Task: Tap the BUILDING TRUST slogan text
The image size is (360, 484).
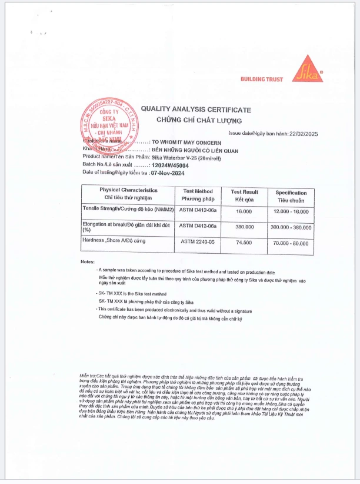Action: (x=262, y=79)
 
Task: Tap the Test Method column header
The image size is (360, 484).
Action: (x=198, y=195)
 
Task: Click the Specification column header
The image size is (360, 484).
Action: (x=291, y=195)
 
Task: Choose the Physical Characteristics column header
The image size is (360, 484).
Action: (x=128, y=194)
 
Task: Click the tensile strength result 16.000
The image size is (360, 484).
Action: (x=244, y=211)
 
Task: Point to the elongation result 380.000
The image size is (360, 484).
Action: (x=244, y=226)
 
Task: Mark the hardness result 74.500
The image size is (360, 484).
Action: (x=244, y=242)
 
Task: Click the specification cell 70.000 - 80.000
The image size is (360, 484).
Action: (x=291, y=243)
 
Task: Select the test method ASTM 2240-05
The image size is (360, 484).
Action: (x=198, y=242)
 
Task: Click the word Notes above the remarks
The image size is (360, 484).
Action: (x=87, y=261)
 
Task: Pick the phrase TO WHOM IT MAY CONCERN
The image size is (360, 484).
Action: (x=186, y=142)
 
